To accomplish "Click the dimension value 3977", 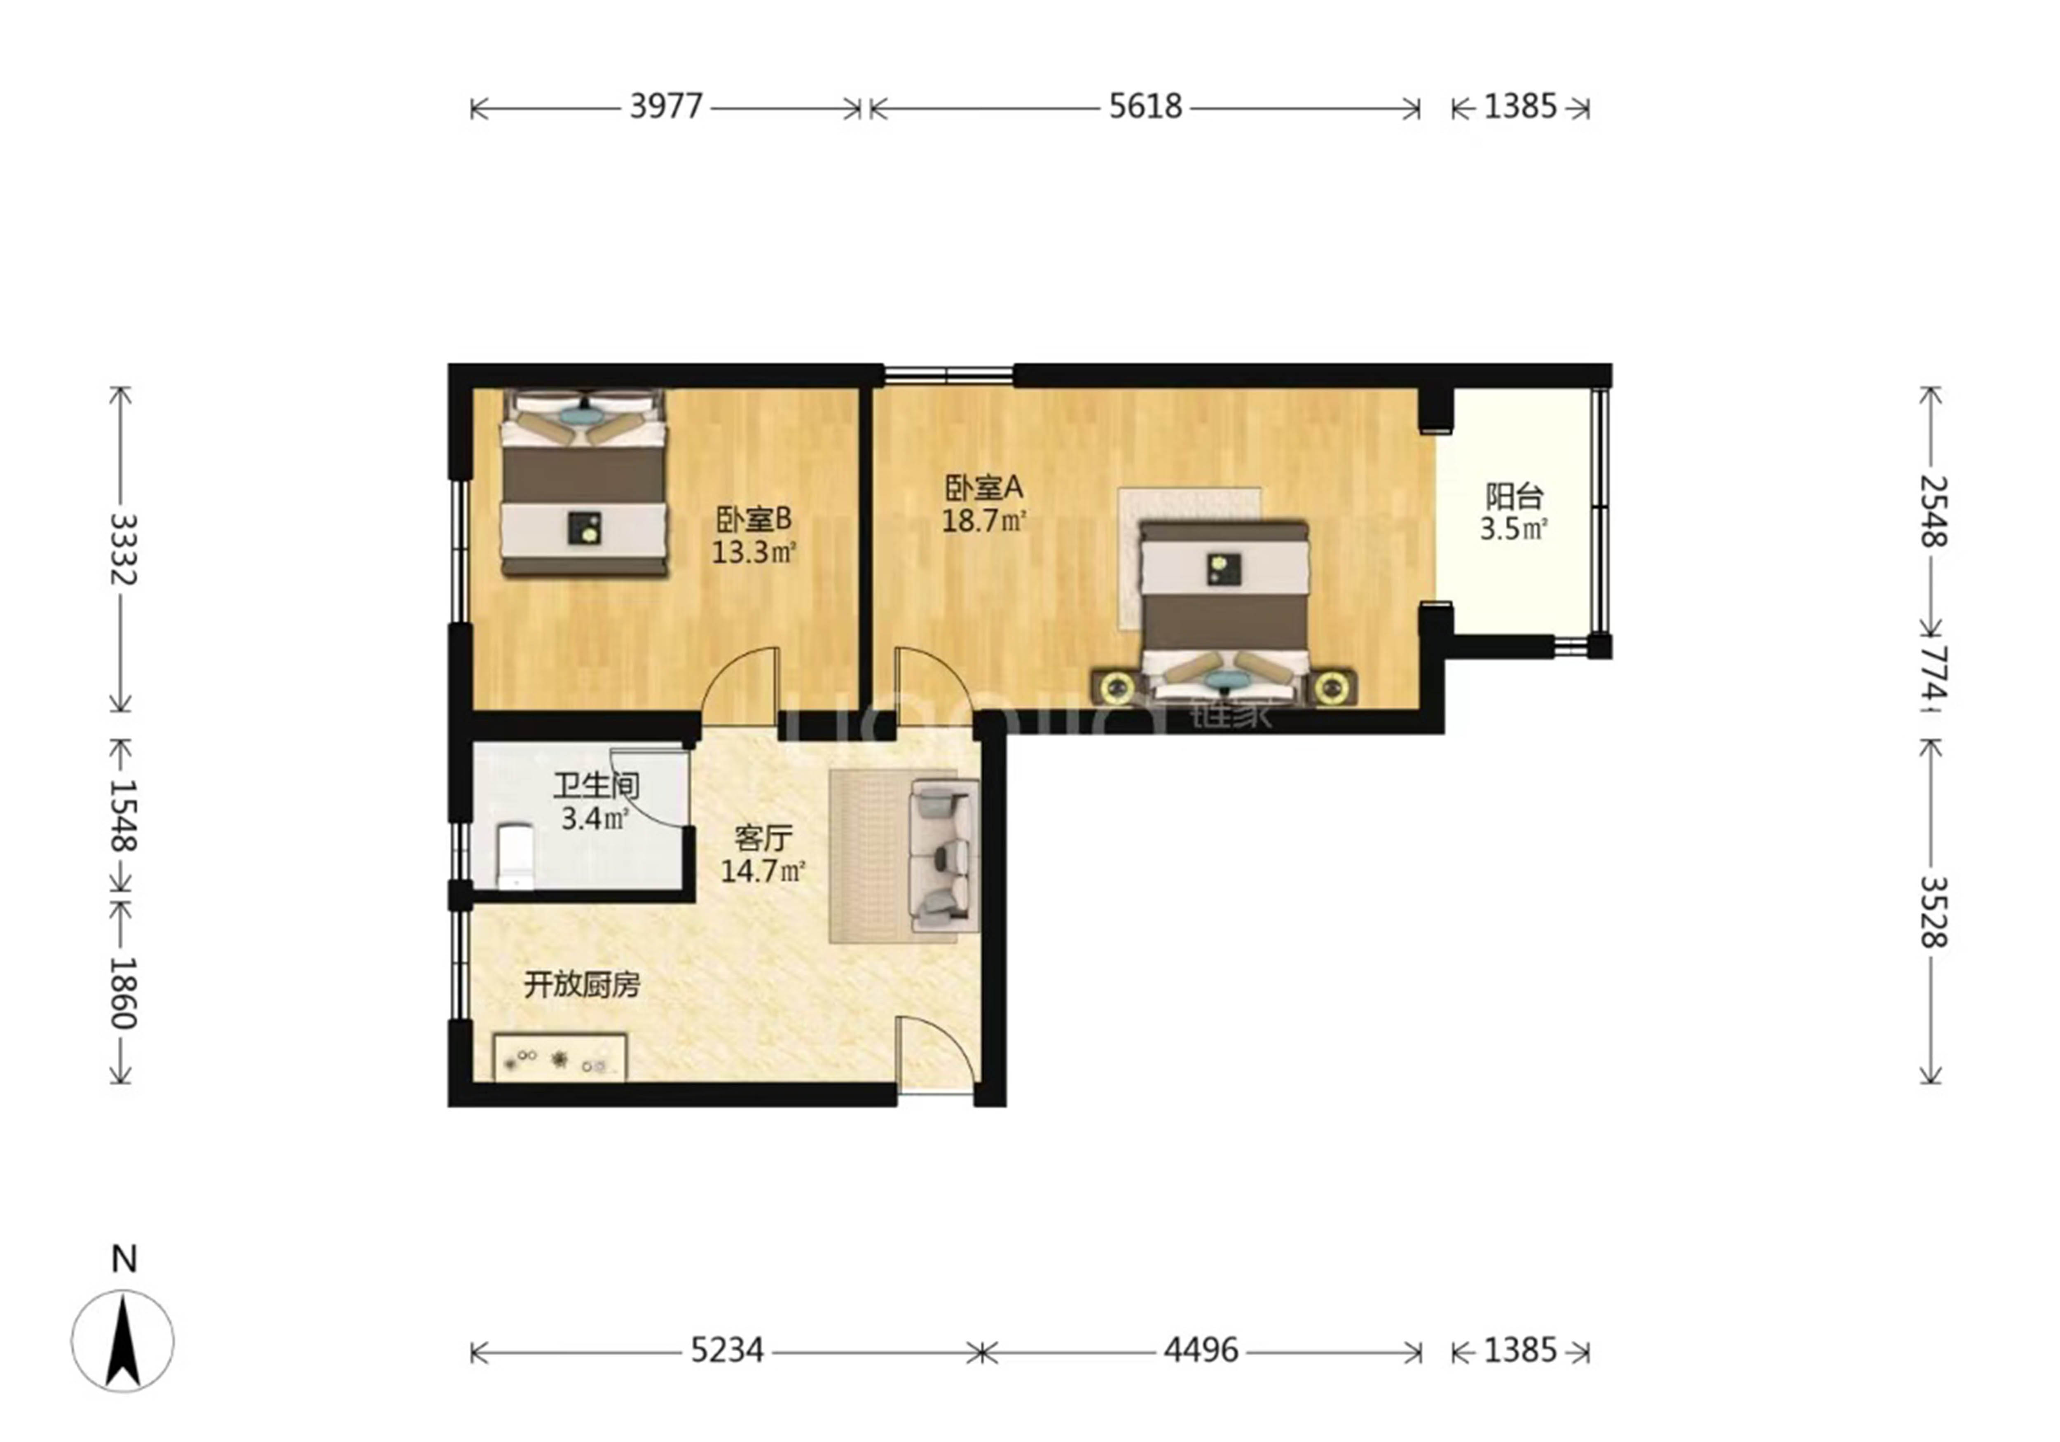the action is pos(666,107).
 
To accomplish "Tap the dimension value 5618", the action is pos(1146,107).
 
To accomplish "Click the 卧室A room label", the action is pos(984,488).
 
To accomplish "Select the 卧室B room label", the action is pos(754,519).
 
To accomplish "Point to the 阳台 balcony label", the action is pos(1515,496).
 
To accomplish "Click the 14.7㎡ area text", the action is pos(763,871).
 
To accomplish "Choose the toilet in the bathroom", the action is pos(515,857).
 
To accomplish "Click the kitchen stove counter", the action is pos(560,1057).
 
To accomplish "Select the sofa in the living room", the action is pos(944,855).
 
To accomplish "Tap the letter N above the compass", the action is pos(124,1260).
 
